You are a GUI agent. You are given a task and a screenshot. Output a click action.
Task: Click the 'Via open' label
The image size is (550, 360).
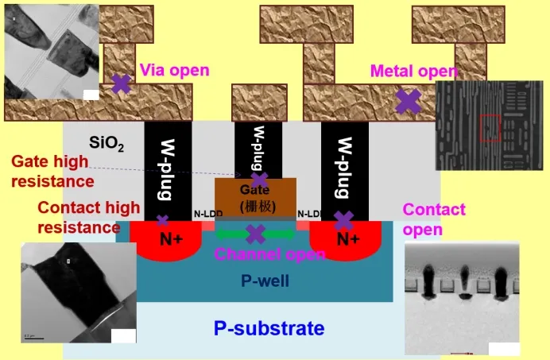coord(175,70)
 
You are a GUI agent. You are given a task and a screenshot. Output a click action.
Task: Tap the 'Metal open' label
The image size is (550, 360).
coord(413,71)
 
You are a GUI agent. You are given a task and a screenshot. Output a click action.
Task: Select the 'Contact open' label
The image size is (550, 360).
coord(434,219)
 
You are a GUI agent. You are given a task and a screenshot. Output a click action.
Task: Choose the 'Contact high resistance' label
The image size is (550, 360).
coord(78,217)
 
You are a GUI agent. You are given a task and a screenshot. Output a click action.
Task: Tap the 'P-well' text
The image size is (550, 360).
coord(264,281)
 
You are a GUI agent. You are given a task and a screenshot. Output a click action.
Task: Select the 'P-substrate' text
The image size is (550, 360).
coord(269,327)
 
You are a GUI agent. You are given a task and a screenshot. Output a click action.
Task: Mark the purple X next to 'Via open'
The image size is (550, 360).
coord(121,84)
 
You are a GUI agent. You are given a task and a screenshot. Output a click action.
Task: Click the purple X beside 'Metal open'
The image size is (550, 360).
coord(409,100)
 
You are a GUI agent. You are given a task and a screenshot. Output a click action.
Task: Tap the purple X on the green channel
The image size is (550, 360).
coord(255,234)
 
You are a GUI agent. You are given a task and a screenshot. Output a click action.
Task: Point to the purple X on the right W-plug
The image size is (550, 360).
coord(344,220)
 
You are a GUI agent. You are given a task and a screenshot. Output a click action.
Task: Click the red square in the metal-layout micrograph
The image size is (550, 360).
coord(490,128)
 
